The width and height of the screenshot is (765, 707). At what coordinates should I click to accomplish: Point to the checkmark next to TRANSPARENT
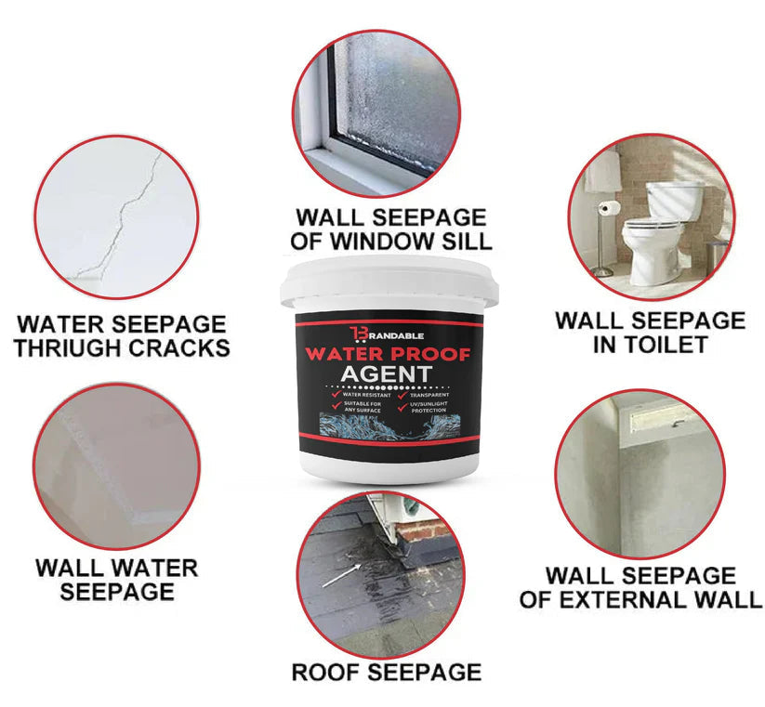pos(401,396)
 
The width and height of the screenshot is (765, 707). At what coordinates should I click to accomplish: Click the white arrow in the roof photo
pos(342,575)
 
